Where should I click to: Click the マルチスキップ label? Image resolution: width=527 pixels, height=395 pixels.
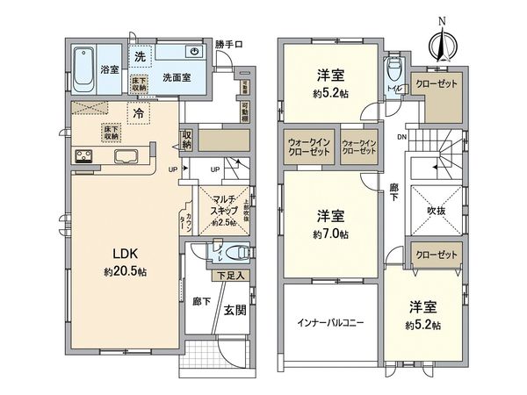tap(215, 206)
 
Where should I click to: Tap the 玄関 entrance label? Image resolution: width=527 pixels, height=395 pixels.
tap(234, 309)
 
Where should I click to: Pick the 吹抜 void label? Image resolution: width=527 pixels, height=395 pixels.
tap(436, 212)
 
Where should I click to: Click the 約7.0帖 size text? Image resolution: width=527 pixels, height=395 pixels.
tap(332, 235)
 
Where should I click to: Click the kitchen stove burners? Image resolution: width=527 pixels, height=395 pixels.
tap(84, 158)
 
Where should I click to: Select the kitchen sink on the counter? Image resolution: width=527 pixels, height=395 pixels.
tap(126, 158)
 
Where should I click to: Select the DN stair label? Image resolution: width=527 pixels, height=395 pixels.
tap(401, 137)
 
